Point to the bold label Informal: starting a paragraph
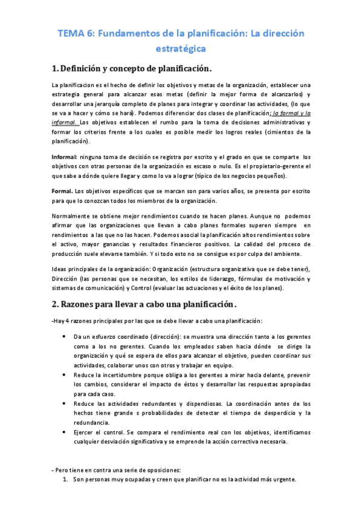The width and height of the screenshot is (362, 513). (x=64, y=157)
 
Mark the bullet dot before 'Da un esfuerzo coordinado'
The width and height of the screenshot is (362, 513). (x=65, y=335)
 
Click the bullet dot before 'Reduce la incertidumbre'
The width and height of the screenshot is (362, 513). (x=65, y=374)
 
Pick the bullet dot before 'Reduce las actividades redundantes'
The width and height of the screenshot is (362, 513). (x=65, y=404)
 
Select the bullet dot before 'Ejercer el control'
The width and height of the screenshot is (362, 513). (x=65, y=433)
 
